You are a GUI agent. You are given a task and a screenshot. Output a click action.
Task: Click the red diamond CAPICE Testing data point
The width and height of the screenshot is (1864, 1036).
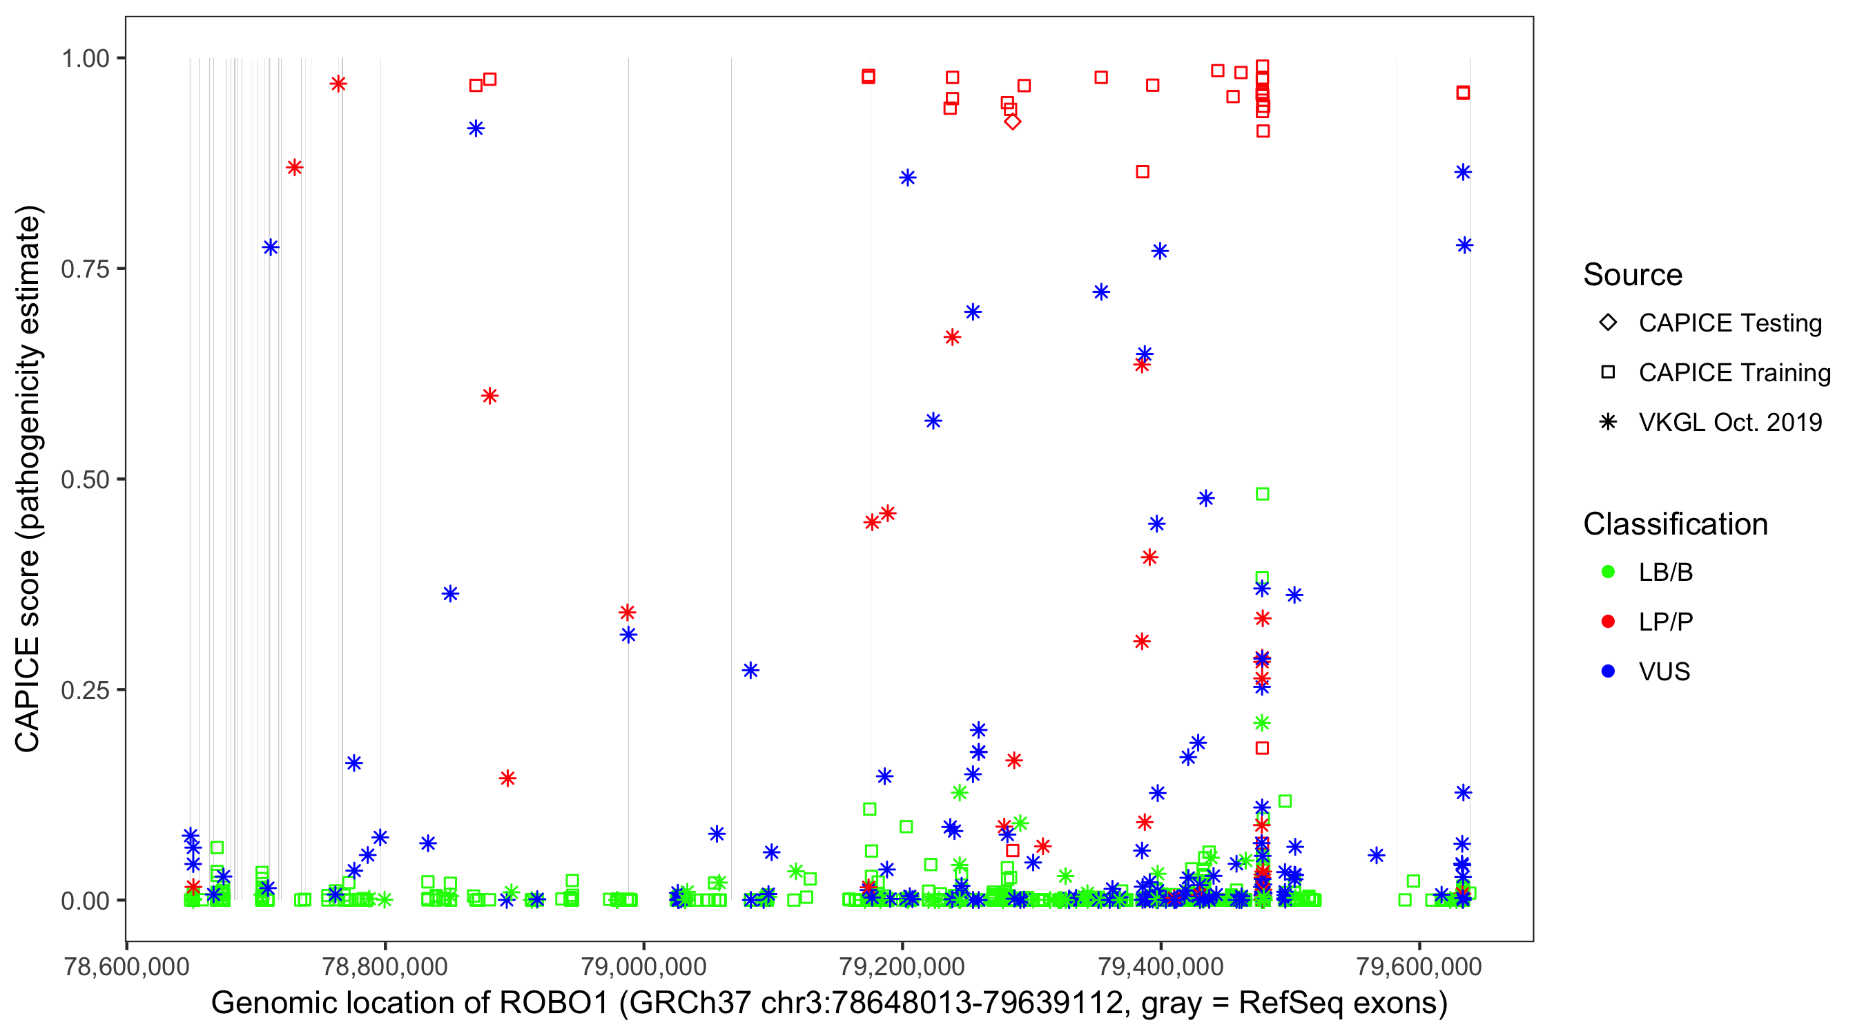click(1012, 122)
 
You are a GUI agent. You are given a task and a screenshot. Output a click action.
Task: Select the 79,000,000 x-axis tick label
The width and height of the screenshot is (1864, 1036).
click(643, 966)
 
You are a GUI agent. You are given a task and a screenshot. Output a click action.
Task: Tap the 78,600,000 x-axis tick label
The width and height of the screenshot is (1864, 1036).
click(126, 966)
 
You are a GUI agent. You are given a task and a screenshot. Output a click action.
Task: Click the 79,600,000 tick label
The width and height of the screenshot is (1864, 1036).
click(1419, 966)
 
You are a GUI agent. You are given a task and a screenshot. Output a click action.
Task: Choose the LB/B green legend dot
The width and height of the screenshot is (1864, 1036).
click(1608, 572)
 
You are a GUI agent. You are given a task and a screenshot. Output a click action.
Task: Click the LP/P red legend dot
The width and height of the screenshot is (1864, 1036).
click(1608, 622)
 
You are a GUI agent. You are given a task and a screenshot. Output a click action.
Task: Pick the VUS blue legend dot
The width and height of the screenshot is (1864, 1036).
click(1608, 671)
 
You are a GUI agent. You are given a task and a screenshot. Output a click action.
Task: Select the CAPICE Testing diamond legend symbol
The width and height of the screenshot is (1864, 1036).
click(1608, 322)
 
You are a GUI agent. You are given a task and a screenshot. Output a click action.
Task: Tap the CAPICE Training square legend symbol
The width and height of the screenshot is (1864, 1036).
click(1608, 372)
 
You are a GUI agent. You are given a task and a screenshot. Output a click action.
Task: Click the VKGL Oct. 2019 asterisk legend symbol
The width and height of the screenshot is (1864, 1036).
click(1608, 422)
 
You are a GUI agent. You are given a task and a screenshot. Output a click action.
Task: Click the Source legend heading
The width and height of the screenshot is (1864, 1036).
click(1633, 275)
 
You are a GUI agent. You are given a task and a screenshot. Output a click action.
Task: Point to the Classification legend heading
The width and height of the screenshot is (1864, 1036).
click(1675, 524)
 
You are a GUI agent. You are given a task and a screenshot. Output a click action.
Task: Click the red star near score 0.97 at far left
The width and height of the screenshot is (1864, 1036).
click(338, 84)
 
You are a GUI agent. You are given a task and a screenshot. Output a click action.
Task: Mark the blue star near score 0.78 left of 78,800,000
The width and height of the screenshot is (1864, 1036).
click(271, 247)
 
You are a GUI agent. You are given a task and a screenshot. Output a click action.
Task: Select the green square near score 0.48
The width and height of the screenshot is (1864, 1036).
click(1262, 494)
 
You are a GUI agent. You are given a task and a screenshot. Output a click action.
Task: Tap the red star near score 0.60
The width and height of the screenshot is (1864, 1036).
click(490, 396)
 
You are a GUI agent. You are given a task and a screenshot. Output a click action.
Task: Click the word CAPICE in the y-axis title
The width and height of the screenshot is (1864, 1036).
click(28, 695)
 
